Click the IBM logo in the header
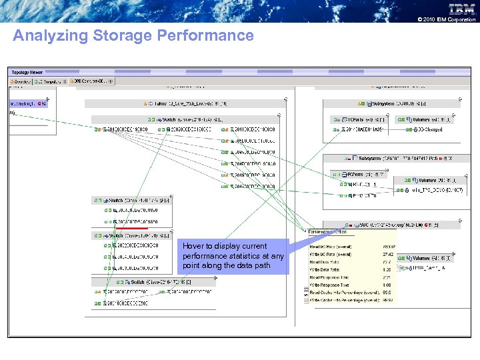pos(462,9)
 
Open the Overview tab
pos(23,81)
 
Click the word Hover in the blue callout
pos(193,246)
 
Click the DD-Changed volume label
pos(429,129)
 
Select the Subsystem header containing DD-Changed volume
pos(390,104)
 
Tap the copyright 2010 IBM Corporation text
pos(446,19)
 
